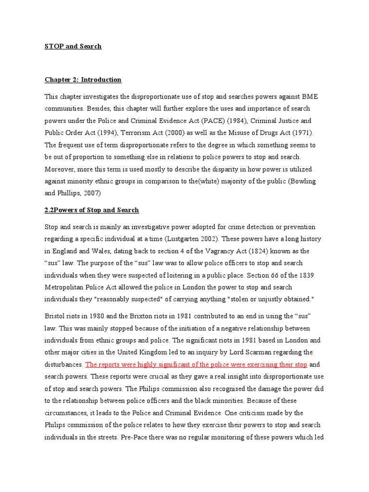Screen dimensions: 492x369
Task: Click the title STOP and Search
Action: pos(73,47)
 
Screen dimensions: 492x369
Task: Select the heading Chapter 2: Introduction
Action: pos(83,80)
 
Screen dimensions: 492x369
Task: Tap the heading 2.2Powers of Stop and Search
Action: pos(92,210)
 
